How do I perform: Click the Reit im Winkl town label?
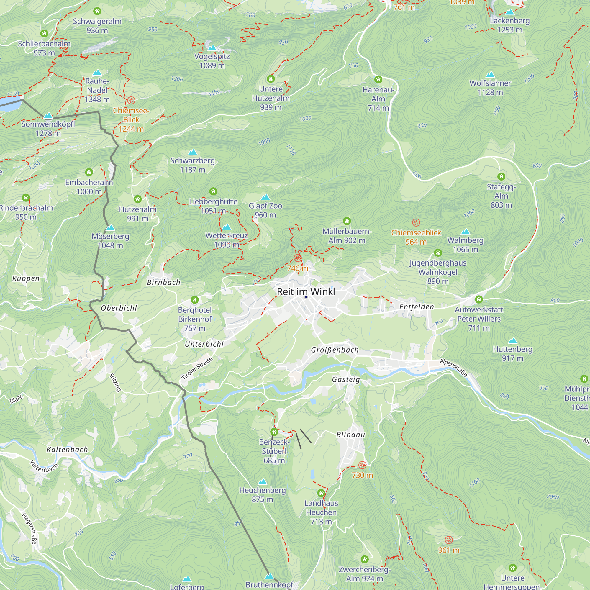coord(306,292)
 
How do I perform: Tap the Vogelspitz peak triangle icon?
coord(212,48)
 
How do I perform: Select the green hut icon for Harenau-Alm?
coord(378,80)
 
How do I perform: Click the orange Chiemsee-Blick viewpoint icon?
coord(131,100)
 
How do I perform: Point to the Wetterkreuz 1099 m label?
coord(226,240)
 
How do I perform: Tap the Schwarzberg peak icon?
coord(192,152)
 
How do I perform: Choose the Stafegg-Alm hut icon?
coord(501,176)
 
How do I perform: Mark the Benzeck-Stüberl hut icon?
coord(274,432)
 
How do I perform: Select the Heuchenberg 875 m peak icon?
coord(262,482)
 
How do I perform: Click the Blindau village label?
coord(350,435)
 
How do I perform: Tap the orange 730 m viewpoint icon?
coord(362,465)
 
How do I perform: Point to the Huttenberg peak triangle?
coord(512,340)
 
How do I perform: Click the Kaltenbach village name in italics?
coord(67,450)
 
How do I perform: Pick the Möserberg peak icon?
coord(110,228)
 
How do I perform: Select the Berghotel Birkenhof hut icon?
coord(194,300)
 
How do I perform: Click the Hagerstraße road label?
coord(29,529)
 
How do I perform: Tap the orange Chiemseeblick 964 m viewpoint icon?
coord(416,222)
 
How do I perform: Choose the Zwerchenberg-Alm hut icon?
coord(365,559)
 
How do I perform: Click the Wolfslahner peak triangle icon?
coord(490,75)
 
